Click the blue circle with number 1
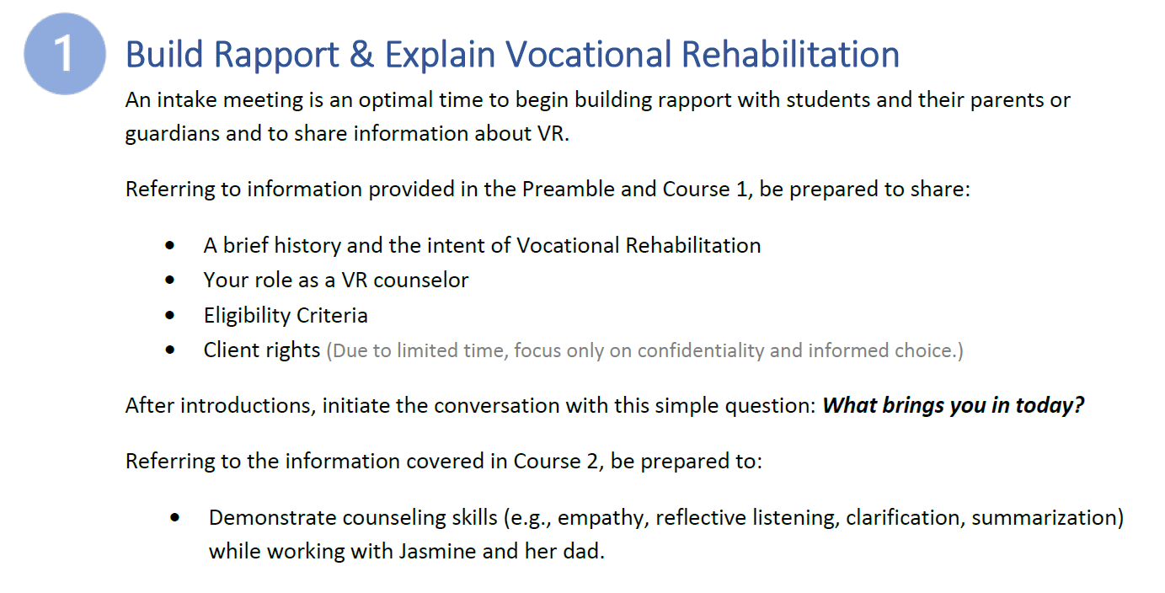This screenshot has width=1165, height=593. [x=65, y=54]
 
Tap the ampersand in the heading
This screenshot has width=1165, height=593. [x=361, y=54]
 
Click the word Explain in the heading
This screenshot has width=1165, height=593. [x=440, y=55]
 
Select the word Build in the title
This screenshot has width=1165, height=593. [x=163, y=54]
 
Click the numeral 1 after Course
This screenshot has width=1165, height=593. [x=742, y=190]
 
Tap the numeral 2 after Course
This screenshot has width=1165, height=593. [x=593, y=462]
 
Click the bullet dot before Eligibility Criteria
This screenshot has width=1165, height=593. [x=169, y=315]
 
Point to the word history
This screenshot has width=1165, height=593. [x=307, y=245]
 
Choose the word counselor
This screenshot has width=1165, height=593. [x=420, y=280]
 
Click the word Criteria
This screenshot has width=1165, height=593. [x=332, y=315]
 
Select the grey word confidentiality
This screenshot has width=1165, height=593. [x=701, y=351]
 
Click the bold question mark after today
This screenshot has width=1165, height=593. [x=1079, y=405]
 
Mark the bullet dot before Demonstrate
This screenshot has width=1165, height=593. [x=174, y=517]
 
